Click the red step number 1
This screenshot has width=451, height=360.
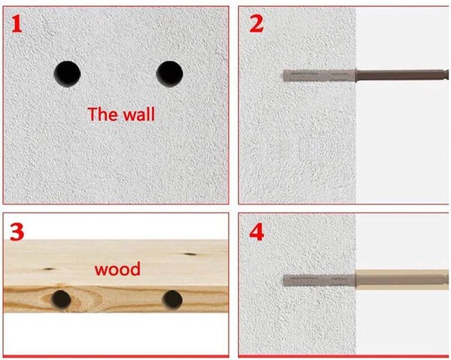click(17, 24)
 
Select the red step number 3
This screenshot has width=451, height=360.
click(17, 231)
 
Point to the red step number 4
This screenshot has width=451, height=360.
click(256, 232)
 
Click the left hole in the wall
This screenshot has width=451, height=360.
click(68, 74)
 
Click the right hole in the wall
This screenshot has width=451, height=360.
click(170, 74)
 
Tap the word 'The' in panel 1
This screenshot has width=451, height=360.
click(101, 114)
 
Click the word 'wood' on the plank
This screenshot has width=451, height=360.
click(118, 270)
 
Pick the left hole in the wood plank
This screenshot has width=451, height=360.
click(62, 300)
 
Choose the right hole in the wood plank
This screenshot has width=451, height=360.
click(172, 300)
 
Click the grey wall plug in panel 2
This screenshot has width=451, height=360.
click(319, 75)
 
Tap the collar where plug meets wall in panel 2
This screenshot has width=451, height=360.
click(356, 75)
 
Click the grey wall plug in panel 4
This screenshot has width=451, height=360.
click(319, 280)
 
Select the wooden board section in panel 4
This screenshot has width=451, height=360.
click(402, 280)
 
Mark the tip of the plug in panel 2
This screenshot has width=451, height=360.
click(283, 75)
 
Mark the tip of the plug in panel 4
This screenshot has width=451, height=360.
click(283, 280)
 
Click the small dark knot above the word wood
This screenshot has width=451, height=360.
click(190, 254)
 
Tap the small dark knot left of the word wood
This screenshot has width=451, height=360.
click(49, 269)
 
